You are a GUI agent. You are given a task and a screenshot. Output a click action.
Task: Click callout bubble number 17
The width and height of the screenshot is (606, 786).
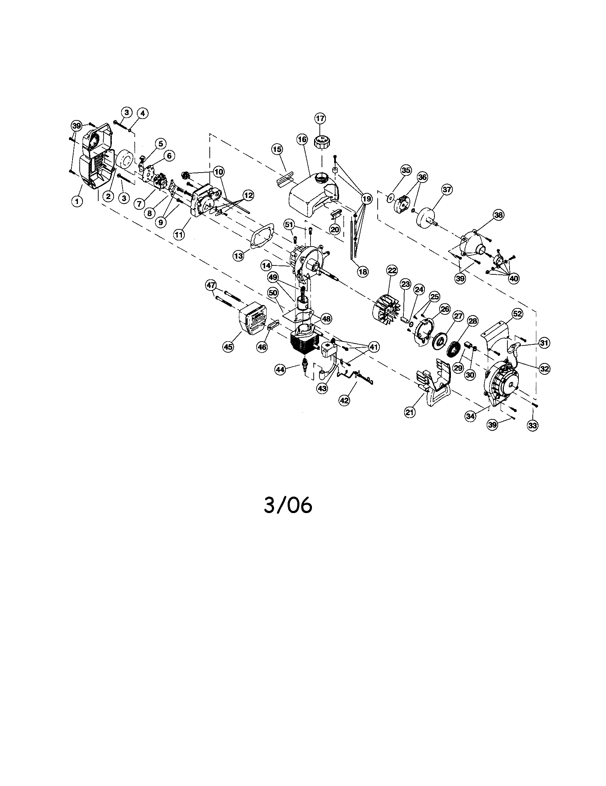320,118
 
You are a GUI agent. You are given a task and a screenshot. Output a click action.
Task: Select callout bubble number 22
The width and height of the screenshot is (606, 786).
392,270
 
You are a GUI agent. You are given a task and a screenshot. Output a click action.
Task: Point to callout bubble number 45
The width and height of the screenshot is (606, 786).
228,347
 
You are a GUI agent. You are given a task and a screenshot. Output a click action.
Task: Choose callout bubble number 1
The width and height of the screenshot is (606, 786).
76,201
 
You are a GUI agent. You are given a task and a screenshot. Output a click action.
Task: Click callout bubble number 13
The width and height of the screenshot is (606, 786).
238,256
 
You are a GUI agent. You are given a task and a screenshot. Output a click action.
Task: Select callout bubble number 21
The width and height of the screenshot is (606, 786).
410,412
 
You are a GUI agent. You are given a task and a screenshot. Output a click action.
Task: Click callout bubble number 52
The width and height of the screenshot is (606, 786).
517,314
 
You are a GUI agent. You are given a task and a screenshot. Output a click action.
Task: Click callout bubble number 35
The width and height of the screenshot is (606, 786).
406,170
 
